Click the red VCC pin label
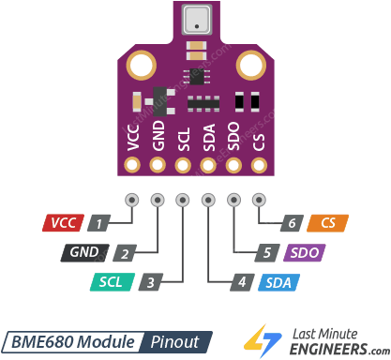[x=63, y=223]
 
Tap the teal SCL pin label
[x=112, y=281]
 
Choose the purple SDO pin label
[x=302, y=252]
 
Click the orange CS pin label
[x=328, y=223]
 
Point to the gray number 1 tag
[x=98, y=223]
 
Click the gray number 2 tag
[x=124, y=252]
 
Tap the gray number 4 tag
[x=241, y=281]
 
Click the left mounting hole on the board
[x=142, y=66]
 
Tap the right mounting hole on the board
[x=250, y=66]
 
